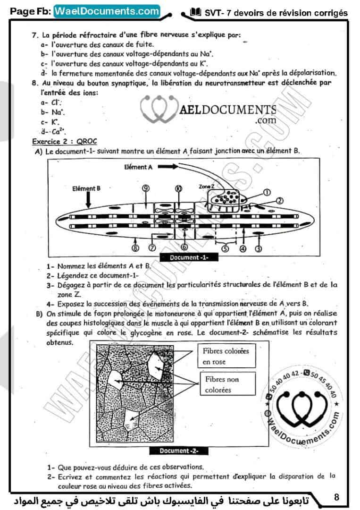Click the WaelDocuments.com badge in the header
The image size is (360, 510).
[x=107, y=10]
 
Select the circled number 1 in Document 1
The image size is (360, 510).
[x=267, y=192]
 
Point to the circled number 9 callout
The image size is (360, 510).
[x=145, y=188]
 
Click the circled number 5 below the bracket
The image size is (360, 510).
[x=225, y=249]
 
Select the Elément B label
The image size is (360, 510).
[x=86, y=187]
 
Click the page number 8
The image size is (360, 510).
[x=336, y=497]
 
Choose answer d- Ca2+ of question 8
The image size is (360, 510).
[x=53, y=132]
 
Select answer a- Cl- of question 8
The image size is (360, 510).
[x=51, y=102]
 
